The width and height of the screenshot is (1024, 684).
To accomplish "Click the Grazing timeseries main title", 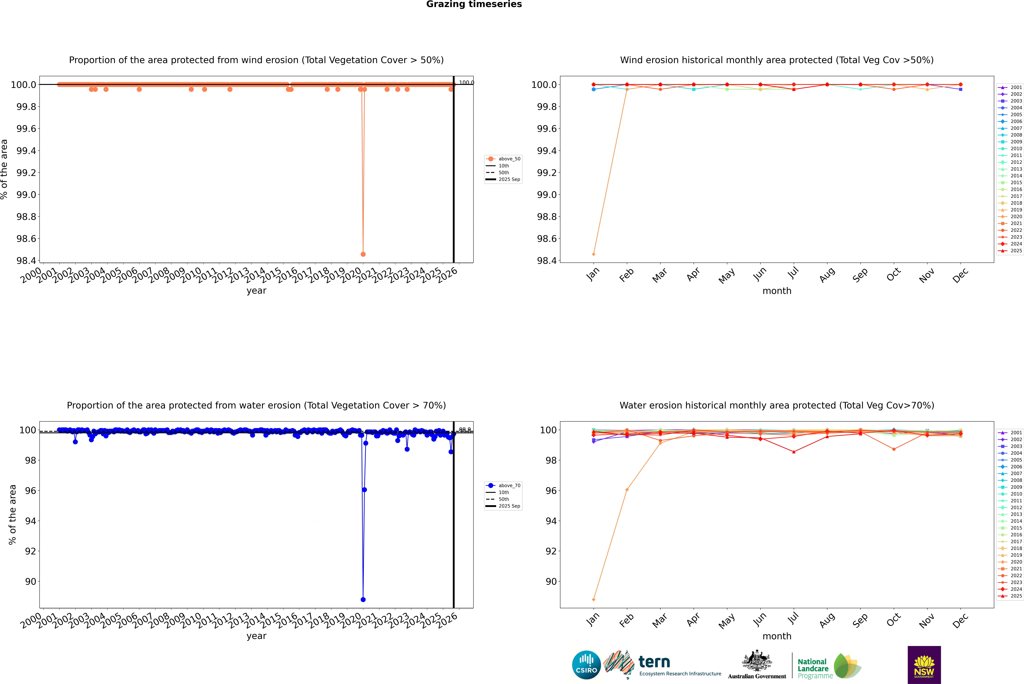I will coord(474,4).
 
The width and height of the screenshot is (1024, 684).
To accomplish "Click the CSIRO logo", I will coord(586,665).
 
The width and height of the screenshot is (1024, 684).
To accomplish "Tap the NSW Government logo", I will coord(924,665).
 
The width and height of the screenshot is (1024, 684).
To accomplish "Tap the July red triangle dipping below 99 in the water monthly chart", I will coord(793,452).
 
